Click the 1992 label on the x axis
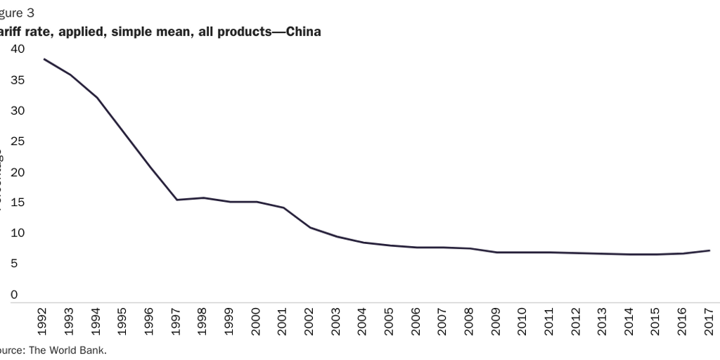coord(44,321)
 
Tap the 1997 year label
coord(176,321)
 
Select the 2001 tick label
coord(283,321)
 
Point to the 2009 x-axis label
coord(496,321)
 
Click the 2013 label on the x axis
coord(602,321)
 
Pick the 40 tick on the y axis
coord(17,49)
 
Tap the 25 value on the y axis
coord(17,141)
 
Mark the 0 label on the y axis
coord(14,295)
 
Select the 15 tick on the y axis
coord(17,202)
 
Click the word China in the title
coord(304,32)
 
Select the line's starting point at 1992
coord(44,59)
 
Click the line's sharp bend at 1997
coord(176,200)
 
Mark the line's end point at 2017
coord(709,250)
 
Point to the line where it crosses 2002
coord(309,227)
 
